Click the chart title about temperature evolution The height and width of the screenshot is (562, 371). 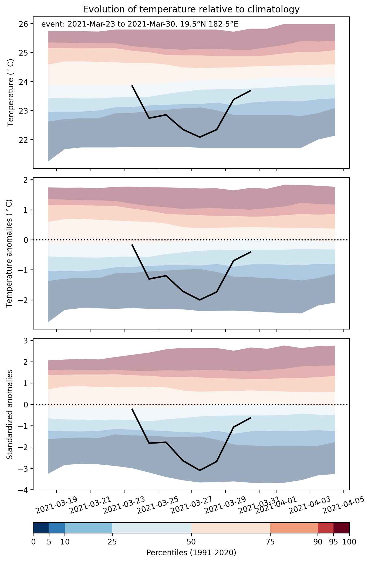(x=191, y=9)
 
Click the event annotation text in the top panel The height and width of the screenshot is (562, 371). (x=140, y=25)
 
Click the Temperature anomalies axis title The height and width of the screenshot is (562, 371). (x=9, y=253)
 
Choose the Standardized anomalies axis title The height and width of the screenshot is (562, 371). (x=9, y=414)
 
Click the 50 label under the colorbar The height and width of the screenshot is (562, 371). (x=191, y=541)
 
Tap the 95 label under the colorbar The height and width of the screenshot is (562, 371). (x=334, y=541)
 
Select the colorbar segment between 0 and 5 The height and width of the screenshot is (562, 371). (x=41, y=528)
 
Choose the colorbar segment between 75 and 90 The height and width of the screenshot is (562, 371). (x=294, y=528)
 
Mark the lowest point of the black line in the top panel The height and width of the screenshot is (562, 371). (x=200, y=137)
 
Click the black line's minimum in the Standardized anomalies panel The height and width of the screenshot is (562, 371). (x=200, y=470)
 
